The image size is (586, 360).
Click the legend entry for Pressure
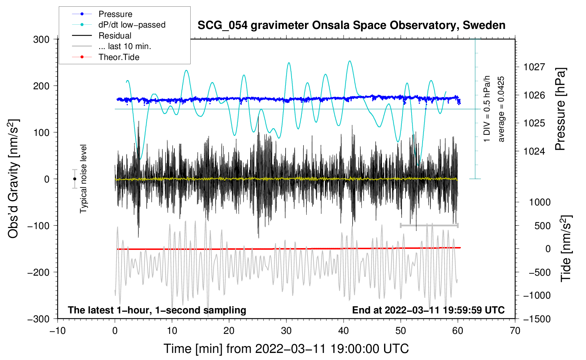tap(102, 14)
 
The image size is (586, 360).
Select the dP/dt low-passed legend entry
tap(119, 25)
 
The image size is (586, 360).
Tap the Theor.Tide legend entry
tap(106, 57)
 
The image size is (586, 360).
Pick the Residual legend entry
tap(102, 36)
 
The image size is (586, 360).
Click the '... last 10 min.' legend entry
tap(112, 46)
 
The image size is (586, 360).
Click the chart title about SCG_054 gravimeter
tap(351, 25)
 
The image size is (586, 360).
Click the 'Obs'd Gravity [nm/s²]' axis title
tap(13, 179)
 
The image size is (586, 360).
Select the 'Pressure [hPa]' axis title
tap(560, 109)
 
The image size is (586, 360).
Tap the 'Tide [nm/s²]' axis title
tap(566, 248)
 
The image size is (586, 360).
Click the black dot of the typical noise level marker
tap(74, 179)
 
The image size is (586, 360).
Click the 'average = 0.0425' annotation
tap(501, 109)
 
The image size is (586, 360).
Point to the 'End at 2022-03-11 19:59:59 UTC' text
tap(428, 310)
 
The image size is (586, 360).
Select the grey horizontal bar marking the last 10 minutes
tap(429, 225)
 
